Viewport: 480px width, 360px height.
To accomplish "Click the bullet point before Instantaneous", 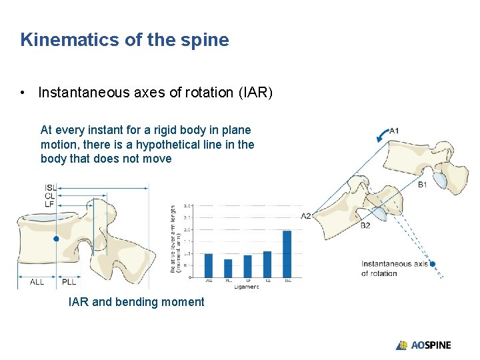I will pyautogui.click(x=23, y=93).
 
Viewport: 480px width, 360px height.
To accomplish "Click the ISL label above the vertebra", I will pyautogui.click(x=50, y=187).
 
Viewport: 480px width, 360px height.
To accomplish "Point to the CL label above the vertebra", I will pyautogui.click(x=50, y=196).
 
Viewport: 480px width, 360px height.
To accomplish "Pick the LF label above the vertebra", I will pyautogui.click(x=50, y=204).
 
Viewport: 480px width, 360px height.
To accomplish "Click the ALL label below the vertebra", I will pyautogui.click(x=37, y=282).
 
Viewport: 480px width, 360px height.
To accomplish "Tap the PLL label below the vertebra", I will pyautogui.click(x=69, y=282).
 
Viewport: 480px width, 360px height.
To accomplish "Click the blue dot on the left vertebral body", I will pyautogui.click(x=56, y=238).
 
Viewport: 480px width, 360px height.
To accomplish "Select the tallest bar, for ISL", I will pyautogui.click(x=287, y=253).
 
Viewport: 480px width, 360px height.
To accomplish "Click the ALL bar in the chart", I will pyautogui.click(x=208, y=265).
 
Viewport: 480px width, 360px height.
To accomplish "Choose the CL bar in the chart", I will pyautogui.click(x=267, y=264).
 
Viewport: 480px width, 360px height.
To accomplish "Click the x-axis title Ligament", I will pyautogui.click(x=247, y=287).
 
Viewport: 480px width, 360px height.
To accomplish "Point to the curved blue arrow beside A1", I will pyautogui.click(x=381, y=136).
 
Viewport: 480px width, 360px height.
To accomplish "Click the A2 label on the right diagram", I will pyautogui.click(x=306, y=216).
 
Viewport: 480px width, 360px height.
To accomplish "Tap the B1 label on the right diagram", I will pyautogui.click(x=422, y=185).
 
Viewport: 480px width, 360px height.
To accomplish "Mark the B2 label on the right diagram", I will pyautogui.click(x=365, y=225).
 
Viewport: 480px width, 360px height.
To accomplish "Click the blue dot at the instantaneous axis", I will pyautogui.click(x=433, y=264).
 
